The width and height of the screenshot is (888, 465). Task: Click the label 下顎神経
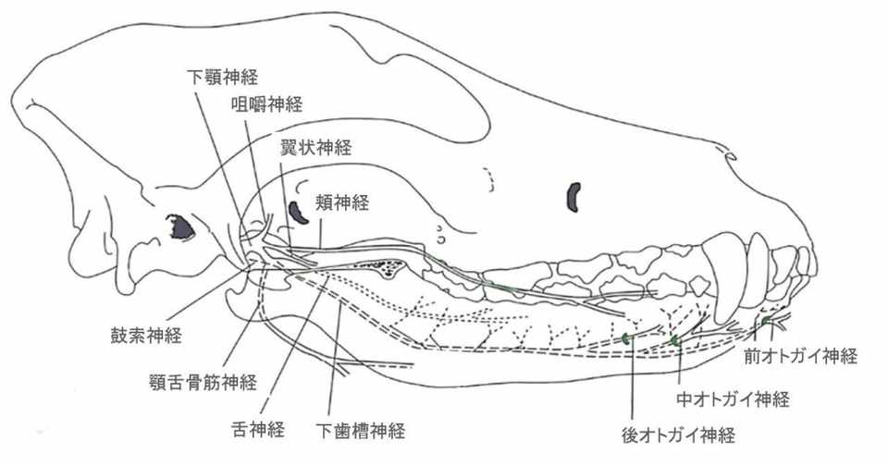(x=222, y=77)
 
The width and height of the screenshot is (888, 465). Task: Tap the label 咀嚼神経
(x=266, y=104)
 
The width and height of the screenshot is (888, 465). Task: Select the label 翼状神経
(x=316, y=148)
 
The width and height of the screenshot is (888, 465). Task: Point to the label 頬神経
(x=342, y=202)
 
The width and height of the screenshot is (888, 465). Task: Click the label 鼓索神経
(x=146, y=335)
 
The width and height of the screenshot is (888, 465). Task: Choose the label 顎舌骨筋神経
(x=203, y=383)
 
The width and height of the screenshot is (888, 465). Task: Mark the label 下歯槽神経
(x=360, y=431)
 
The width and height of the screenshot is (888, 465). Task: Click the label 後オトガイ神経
(x=678, y=435)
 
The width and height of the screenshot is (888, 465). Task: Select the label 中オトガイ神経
(x=733, y=399)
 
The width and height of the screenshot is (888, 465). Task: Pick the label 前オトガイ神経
(x=801, y=356)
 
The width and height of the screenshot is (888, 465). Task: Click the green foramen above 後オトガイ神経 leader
(x=626, y=339)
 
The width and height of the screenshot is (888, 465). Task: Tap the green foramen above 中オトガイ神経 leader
(x=674, y=339)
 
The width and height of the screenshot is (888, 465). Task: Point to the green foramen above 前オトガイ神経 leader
(x=765, y=321)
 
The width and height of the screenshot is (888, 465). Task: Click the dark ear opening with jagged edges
(x=180, y=227)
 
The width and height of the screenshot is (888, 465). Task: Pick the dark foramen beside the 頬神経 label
(x=297, y=213)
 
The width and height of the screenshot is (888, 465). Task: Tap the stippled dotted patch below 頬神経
(x=380, y=266)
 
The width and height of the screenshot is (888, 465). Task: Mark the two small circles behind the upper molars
(x=442, y=234)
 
